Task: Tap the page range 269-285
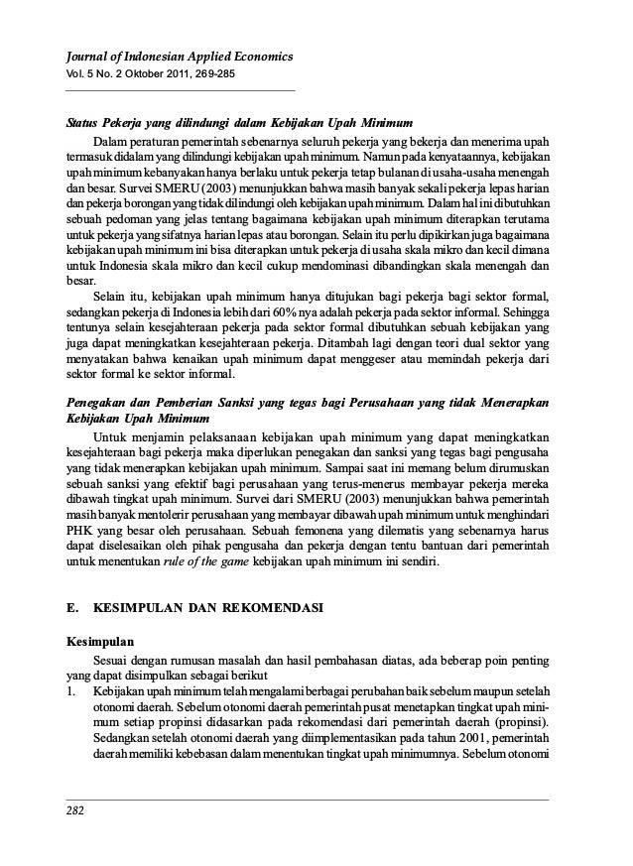pos(209,75)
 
